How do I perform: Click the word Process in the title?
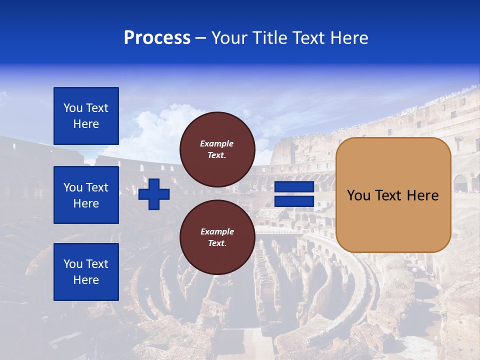pos(157,38)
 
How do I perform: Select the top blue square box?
pos(86,116)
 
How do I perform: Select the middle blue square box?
pos(86,195)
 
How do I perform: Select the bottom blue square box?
pos(86,272)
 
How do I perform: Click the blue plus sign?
pos(154,194)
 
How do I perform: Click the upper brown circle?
pos(217,149)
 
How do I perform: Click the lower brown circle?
pos(217,237)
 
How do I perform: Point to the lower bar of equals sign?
pos(294,201)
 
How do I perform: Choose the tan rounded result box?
pos(393,195)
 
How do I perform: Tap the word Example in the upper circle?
pos(217,143)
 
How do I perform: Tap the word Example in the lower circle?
pos(217,231)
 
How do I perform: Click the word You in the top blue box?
pos(73,108)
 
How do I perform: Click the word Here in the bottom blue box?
pos(86,280)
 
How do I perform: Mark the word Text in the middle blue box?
pos(97,187)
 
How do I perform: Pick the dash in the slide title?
pos(201,38)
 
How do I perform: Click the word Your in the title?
pos(230,38)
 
